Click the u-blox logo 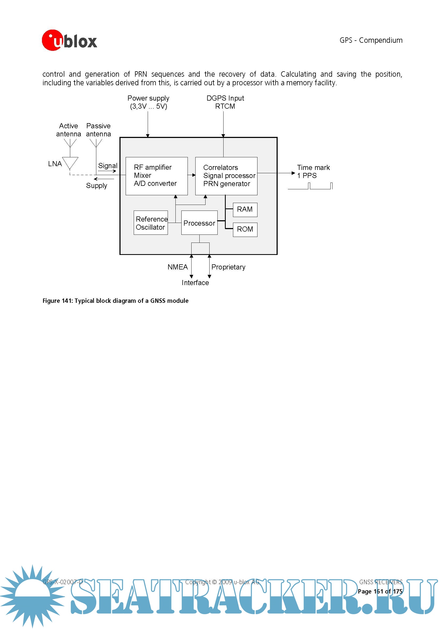coord(69,40)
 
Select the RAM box coord(245,209)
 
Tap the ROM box coord(245,229)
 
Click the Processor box coord(199,223)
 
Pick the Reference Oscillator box coord(151,223)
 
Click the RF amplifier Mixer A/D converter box coord(157,176)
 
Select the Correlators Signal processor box coord(226,176)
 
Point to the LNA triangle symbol coord(70,162)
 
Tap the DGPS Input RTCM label coord(225,102)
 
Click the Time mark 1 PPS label coord(313,171)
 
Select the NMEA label coord(178,267)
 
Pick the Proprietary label coord(228,267)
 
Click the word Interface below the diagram coord(195,282)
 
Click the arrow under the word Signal coord(107,171)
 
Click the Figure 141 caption coord(115,301)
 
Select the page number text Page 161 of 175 coord(380,591)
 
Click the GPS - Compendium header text coord(371,40)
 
